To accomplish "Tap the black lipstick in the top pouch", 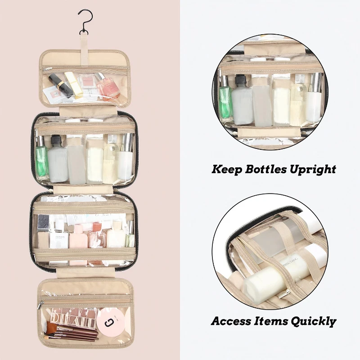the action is point(58,84).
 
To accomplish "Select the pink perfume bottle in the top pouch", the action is point(108,87).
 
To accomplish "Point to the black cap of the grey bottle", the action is point(55,140).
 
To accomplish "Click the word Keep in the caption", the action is point(227,170).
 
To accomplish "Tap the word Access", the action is point(231,321).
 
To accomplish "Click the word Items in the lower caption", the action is point(271,321).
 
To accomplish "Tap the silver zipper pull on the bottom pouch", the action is point(40,305).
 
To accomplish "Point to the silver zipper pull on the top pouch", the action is point(45,69).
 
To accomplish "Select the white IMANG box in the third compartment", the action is point(59,240).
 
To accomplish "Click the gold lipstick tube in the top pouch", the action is point(73,85).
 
